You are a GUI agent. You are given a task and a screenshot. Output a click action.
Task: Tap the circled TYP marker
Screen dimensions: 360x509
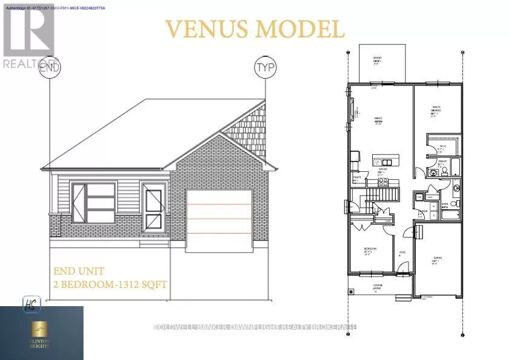pyautogui.click(x=265, y=66)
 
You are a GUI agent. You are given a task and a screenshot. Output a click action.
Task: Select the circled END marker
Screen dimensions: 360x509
pyautogui.click(x=50, y=67)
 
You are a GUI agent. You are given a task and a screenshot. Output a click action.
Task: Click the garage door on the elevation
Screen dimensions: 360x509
pyautogui.click(x=218, y=219)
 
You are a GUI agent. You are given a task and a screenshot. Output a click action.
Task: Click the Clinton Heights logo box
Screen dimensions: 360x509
pyautogui.click(x=42, y=333)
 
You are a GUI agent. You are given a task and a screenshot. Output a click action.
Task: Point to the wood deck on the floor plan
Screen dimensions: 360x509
pyautogui.click(x=380, y=63)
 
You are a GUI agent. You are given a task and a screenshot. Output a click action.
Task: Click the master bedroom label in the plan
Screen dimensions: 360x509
pyautogui.click(x=435, y=110)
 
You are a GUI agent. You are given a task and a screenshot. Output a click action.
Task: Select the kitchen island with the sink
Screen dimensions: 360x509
pyautogui.click(x=384, y=162)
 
